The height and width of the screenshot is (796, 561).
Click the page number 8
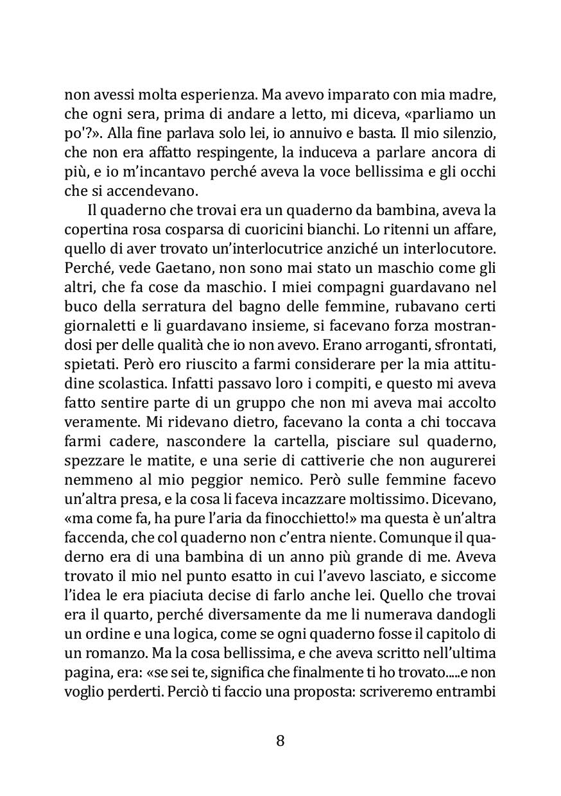(280, 741)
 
